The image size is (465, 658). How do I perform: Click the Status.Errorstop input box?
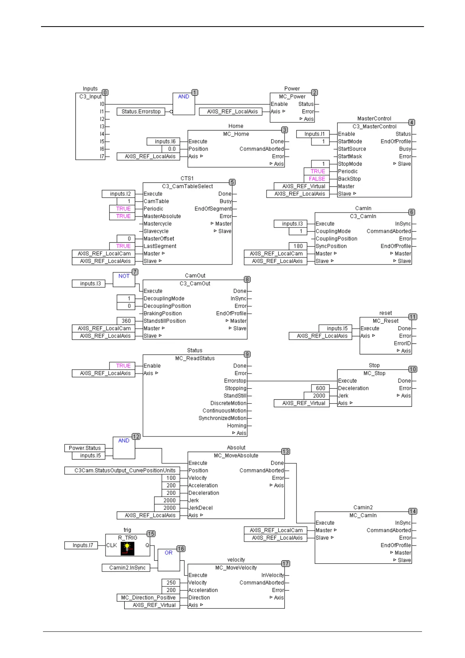(141, 112)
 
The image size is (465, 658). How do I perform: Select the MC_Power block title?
(292, 97)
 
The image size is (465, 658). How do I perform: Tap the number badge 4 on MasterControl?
(411, 122)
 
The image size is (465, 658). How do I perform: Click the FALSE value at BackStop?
(317, 179)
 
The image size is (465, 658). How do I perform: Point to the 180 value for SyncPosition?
(298, 246)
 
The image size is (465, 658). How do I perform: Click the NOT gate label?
(124, 276)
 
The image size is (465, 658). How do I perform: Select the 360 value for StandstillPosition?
(126, 321)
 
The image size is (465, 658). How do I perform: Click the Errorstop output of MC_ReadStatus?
(235, 381)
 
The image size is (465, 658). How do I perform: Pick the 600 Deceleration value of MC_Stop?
(320, 388)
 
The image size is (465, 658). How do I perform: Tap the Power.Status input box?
(85, 448)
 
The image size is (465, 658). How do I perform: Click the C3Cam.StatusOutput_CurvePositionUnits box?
(123, 470)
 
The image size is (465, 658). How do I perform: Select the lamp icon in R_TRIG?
(127, 548)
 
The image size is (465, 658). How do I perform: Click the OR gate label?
(168, 553)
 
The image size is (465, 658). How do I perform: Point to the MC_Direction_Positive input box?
(148, 598)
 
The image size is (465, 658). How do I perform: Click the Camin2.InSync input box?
(127, 568)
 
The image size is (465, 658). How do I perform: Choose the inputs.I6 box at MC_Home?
(165, 141)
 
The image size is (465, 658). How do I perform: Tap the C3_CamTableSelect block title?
(188, 186)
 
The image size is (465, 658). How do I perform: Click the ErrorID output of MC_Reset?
(402, 343)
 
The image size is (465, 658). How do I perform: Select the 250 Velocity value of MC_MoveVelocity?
(171, 583)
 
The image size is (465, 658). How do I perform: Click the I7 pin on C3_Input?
(102, 156)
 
